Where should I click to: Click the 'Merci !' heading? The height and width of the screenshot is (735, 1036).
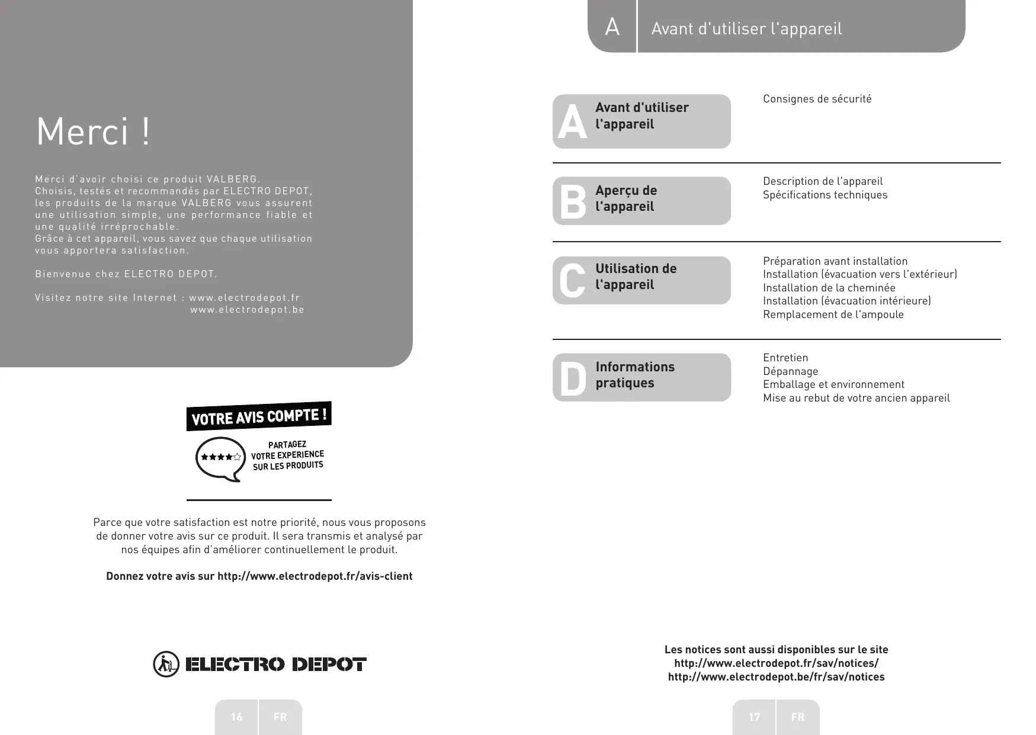[x=94, y=131]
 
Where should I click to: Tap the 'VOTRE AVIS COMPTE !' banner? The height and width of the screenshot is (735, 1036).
[x=259, y=416]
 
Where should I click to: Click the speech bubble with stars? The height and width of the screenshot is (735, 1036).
[x=220, y=458]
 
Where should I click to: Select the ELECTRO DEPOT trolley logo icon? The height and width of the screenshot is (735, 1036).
[x=165, y=664]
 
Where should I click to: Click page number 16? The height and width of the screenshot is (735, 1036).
[x=236, y=717]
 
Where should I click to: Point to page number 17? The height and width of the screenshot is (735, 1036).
[x=754, y=717]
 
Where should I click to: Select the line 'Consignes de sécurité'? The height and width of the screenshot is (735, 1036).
[x=817, y=99]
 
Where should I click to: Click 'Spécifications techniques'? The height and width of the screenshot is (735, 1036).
[x=825, y=195]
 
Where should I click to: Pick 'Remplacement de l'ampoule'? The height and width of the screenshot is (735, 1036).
[x=833, y=314]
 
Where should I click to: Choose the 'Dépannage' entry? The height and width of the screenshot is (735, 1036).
[x=790, y=371]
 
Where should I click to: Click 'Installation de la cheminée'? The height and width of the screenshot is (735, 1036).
[x=829, y=288]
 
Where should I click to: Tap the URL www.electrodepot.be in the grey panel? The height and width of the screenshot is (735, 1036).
[x=247, y=310]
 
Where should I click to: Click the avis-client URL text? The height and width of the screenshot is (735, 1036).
[x=315, y=576]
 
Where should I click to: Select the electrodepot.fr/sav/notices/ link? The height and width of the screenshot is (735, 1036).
[x=776, y=663]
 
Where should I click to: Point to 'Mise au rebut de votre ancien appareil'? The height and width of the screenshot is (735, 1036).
[x=856, y=398]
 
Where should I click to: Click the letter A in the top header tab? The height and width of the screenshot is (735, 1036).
[x=612, y=27]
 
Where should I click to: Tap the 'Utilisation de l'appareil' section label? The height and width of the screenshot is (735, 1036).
[x=636, y=277]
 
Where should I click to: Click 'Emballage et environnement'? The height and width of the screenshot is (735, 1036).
[x=833, y=384]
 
